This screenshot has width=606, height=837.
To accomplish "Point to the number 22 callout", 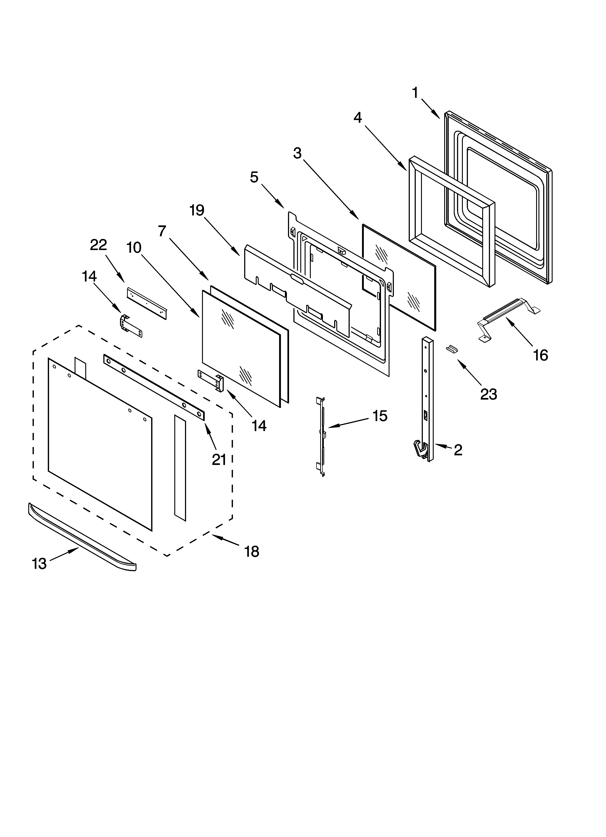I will coord(98,245).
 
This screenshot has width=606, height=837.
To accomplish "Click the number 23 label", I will coord(489,395).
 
